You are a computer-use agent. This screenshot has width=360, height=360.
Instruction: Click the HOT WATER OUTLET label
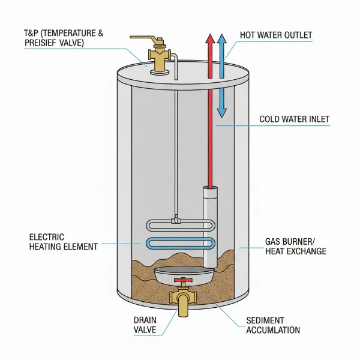point(276,35)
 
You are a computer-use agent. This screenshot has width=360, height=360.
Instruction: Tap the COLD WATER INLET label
point(294,119)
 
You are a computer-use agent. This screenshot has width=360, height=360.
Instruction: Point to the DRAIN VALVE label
point(145,325)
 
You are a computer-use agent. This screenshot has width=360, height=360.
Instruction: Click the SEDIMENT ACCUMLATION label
point(273,325)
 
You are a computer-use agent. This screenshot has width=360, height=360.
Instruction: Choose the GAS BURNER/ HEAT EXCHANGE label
point(295,246)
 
